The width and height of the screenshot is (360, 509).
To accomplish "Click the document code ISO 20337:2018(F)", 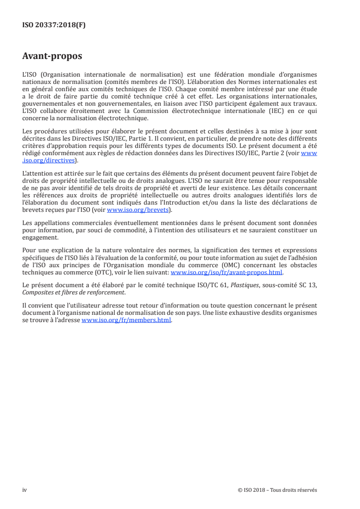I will [54, 25].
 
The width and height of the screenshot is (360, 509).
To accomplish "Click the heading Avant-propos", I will [52, 56].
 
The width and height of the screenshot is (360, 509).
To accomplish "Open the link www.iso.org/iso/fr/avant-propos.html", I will [226, 273].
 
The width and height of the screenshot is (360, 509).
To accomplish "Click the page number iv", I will [25, 490].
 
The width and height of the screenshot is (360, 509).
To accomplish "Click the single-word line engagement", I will [40, 238].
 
